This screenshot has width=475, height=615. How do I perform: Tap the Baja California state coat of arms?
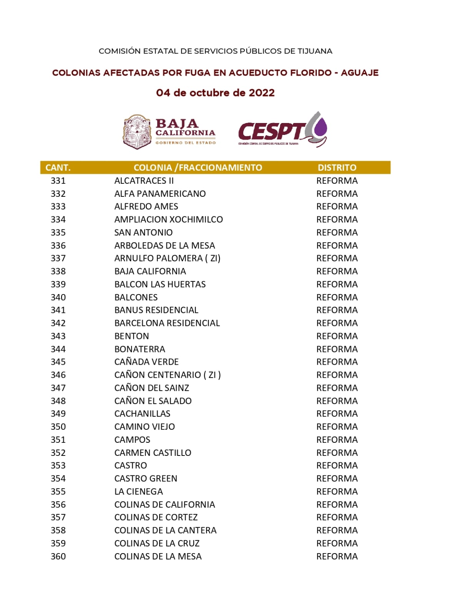click(x=137, y=132)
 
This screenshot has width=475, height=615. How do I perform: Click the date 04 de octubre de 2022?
click(x=215, y=93)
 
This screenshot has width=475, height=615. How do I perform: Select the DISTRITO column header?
click(x=337, y=168)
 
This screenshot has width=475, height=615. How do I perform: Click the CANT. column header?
click(x=58, y=168)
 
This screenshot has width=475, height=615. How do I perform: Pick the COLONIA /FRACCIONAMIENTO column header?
click(x=198, y=168)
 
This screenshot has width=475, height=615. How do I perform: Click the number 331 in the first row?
click(x=58, y=181)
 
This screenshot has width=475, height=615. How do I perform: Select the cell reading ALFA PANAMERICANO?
click(x=160, y=194)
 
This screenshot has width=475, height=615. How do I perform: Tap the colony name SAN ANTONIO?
click(x=143, y=233)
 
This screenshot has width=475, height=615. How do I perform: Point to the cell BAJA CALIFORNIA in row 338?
click(x=150, y=271)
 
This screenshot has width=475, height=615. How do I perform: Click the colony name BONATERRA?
click(x=140, y=349)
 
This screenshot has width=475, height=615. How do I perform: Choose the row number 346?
click(x=58, y=375)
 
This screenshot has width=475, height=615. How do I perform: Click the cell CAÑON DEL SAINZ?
click(x=151, y=388)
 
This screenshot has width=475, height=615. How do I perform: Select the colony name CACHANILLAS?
click(x=142, y=414)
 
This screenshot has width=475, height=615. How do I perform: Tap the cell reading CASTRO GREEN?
click(x=146, y=479)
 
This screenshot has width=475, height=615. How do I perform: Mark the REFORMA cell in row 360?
click(x=337, y=556)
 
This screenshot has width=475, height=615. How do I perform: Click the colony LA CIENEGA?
click(x=138, y=492)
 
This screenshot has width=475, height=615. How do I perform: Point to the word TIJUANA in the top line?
click(x=315, y=51)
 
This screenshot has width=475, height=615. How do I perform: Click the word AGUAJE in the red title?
click(x=359, y=73)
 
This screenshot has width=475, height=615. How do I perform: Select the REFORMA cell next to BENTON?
click(x=337, y=336)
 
